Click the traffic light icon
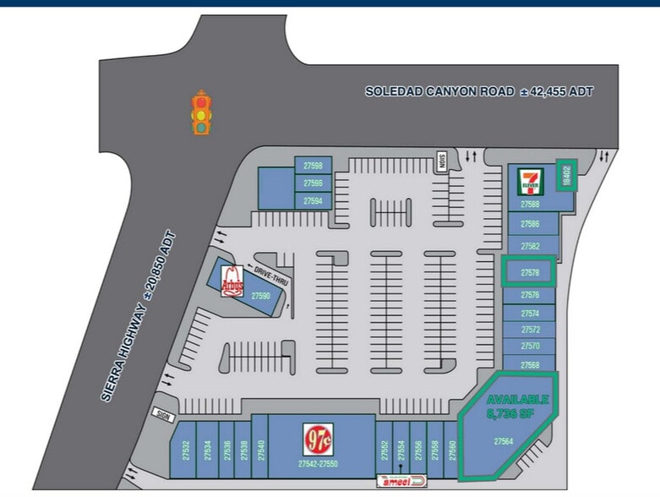click(201, 112)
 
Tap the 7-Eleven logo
click(531, 182)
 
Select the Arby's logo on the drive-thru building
click(233, 280)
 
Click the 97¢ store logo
click(319, 438)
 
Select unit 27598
click(313, 166)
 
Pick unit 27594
click(313, 200)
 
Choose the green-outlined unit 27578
click(530, 272)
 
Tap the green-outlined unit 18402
click(567, 175)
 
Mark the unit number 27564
click(504, 440)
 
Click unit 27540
click(261, 451)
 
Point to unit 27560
click(453, 451)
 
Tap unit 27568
click(530, 365)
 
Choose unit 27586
click(531, 224)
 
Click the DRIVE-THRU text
click(277, 276)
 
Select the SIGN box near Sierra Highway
click(162, 414)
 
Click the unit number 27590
click(259, 296)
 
